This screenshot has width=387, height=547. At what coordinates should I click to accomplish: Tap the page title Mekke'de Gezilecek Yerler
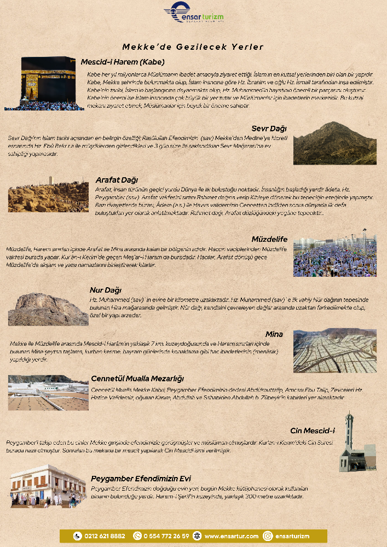193,47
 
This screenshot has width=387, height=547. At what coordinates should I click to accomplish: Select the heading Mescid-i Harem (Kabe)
123,62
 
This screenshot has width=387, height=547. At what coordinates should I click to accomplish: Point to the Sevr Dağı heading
270,129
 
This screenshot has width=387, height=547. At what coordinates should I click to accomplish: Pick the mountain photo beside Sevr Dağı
334,143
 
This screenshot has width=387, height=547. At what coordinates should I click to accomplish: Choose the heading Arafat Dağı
117,179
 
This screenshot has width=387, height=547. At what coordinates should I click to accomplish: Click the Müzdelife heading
270,239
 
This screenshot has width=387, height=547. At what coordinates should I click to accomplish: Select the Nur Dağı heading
106,290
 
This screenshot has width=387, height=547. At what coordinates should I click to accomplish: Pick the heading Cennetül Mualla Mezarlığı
137,379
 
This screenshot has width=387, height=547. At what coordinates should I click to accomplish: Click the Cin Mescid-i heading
313,430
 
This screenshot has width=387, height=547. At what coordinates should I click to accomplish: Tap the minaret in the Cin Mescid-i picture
349,435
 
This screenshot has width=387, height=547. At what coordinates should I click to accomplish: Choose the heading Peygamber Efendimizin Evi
141,479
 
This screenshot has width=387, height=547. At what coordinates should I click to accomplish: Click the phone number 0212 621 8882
105,536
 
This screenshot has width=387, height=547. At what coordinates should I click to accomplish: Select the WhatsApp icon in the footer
137,536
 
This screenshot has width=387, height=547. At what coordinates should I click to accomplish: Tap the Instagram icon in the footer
268,536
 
